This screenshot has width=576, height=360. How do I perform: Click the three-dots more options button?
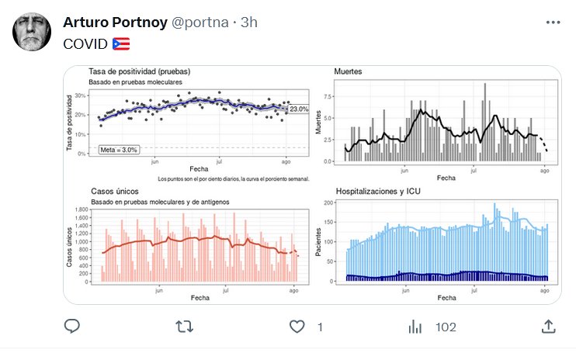(x=552, y=22)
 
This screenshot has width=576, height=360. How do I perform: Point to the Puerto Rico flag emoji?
(x=121, y=43)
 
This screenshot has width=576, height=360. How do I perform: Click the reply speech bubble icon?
(x=72, y=327)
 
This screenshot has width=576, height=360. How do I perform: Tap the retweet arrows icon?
(x=185, y=327)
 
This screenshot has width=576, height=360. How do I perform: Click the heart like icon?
(x=297, y=327)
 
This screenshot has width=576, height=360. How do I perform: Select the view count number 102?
(x=446, y=327)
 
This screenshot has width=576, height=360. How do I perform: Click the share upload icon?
(x=548, y=327)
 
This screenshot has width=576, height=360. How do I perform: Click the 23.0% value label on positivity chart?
(x=299, y=109)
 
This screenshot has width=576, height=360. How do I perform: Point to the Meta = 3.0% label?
(x=119, y=150)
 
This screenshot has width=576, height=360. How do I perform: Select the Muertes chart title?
(x=348, y=72)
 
